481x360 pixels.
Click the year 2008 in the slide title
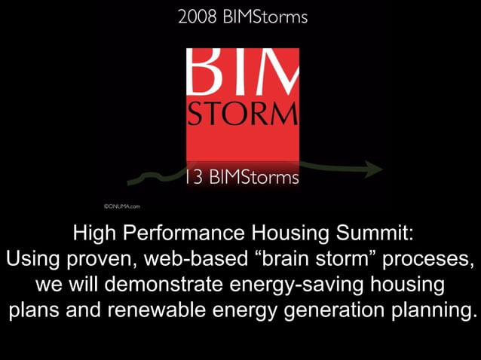click(195, 17)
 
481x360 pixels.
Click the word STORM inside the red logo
click(243, 114)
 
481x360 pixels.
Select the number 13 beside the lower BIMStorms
click(194, 178)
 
